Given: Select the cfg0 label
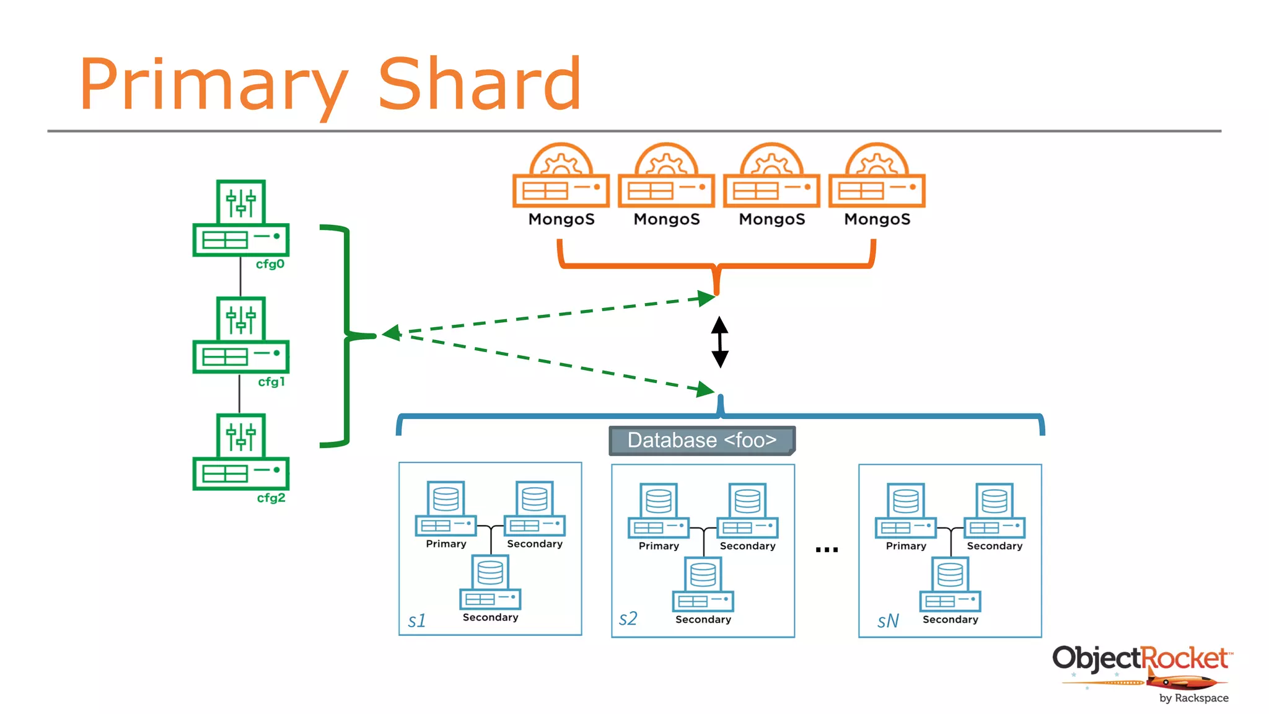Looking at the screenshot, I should click(x=270, y=264).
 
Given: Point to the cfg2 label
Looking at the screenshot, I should click(x=271, y=498).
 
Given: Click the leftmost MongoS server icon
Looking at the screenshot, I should click(x=561, y=177).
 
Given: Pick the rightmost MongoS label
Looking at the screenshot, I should click(x=877, y=219).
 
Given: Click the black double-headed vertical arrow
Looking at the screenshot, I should click(x=719, y=342).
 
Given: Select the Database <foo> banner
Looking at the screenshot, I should click(x=701, y=440).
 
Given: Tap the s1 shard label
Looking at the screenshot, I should click(x=416, y=620).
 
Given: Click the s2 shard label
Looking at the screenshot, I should click(x=628, y=619).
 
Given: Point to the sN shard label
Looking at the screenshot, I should click(x=887, y=621).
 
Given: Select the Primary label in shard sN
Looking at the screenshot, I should click(x=905, y=546).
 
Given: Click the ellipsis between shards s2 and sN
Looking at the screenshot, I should click(x=827, y=549).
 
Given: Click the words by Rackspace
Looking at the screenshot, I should click(x=1193, y=698).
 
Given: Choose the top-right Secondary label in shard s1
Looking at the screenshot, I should click(x=534, y=544).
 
